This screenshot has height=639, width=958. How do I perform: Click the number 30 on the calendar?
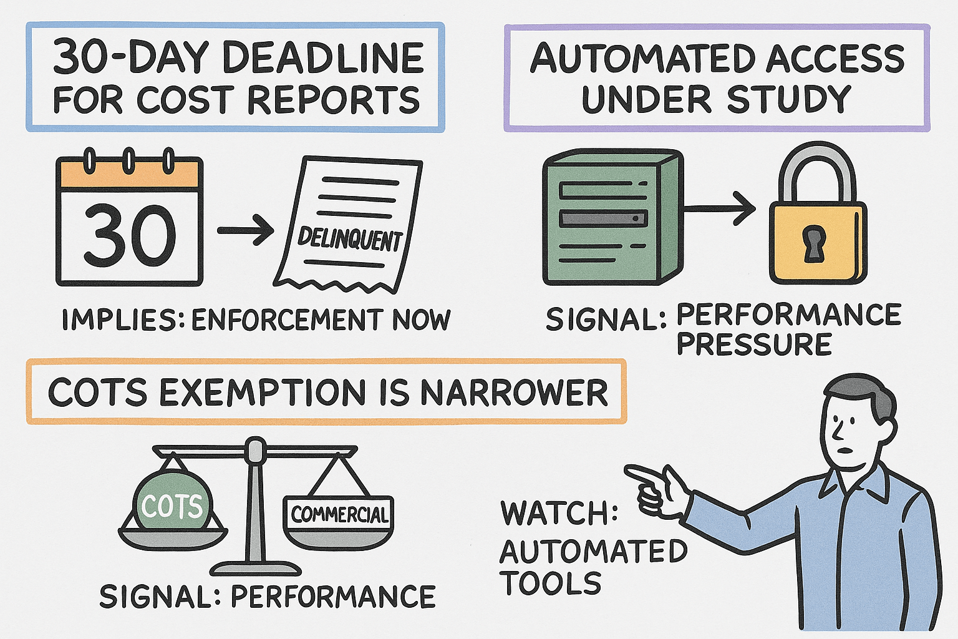[x=130, y=235]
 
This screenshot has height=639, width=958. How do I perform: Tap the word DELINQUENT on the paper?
[x=350, y=239]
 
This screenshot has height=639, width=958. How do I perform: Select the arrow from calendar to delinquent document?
[x=246, y=231]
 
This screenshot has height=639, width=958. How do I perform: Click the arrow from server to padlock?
[x=719, y=208]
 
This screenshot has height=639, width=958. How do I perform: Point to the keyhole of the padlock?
[x=814, y=244]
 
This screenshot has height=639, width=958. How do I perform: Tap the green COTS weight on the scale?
[x=172, y=501]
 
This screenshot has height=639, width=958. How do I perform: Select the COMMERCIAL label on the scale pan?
[x=339, y=514]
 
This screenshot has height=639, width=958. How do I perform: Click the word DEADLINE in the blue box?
[x=323, y=58]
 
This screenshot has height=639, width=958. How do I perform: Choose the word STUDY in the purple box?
[x=790, y=99]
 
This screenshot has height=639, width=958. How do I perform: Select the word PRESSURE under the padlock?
[x=755, y=344]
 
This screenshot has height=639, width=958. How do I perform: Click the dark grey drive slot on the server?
[x=604, y=218]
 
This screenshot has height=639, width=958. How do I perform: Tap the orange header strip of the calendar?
[x=130, y=174]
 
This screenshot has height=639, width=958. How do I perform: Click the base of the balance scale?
[x=256, y=569]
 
